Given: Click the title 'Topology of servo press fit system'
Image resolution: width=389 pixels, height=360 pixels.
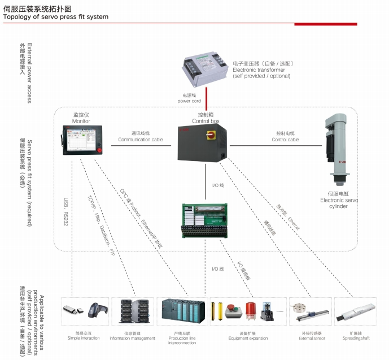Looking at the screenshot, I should click(x=55, y=17).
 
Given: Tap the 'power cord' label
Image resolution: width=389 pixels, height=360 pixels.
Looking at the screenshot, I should click(x=189, y=101).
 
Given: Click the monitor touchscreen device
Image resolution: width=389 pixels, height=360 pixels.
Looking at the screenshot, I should click(x=82, y=141).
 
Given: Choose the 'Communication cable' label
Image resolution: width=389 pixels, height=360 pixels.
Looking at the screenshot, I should click(x=141, y=139).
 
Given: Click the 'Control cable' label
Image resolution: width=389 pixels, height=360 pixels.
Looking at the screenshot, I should click(x=285, y=139).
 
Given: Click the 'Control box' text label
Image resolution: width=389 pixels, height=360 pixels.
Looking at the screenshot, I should click(x=206, y=121).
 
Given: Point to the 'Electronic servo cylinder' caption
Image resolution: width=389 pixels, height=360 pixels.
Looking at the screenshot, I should click(x=339, y=203).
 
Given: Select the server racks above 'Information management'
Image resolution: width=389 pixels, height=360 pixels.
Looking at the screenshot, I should click(x=132, y=313).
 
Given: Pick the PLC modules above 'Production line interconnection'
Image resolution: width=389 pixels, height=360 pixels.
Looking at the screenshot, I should click(x=182, y=313).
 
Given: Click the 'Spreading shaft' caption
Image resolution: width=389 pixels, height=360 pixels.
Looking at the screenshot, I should click(x=356, y=339).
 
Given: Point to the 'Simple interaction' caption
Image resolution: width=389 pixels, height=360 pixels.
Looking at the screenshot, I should click(x=84, y=339).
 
